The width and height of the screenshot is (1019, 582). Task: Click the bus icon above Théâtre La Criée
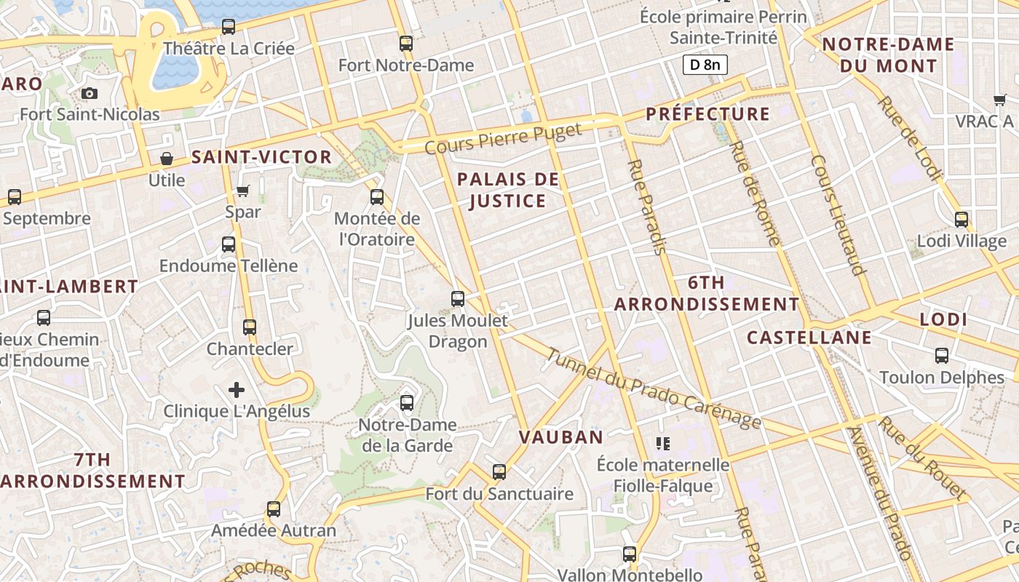click(x=229, y=27)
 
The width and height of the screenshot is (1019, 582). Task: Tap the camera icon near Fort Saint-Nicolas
click(x=90, y=93)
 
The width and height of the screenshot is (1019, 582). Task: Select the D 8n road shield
click(x=705, y=65)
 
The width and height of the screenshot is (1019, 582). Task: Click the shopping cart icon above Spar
click(x=243, y=191)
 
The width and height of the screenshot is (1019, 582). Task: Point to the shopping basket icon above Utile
click(x=167, y=159)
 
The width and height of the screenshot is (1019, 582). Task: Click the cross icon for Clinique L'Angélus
click(x=237, y=390)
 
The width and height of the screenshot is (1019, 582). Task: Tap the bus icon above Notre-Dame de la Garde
click(x=407, y=402)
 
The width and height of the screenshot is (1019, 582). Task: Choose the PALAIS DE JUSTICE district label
click(x=508, y=190)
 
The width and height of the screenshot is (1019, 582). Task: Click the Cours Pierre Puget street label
click(x=503, y=138)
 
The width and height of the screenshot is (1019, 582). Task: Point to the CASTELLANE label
click(x=809, y=338)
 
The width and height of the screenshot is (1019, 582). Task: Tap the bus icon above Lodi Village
click(x=961, y=219)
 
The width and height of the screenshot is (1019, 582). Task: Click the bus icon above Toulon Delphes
click(x=942, y=356)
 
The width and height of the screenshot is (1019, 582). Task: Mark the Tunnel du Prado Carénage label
click(x=653, y=389)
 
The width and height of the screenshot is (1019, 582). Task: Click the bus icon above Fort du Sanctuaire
click(x=499, y=472)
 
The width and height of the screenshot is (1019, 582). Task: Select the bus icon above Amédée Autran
click(x=274, y=509)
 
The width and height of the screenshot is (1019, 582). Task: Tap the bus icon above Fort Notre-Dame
click(x=406, y=44)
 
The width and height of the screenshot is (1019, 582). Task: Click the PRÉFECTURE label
click(x=707, y=114)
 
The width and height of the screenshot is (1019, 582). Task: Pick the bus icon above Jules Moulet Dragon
click(x=458, y=299)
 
